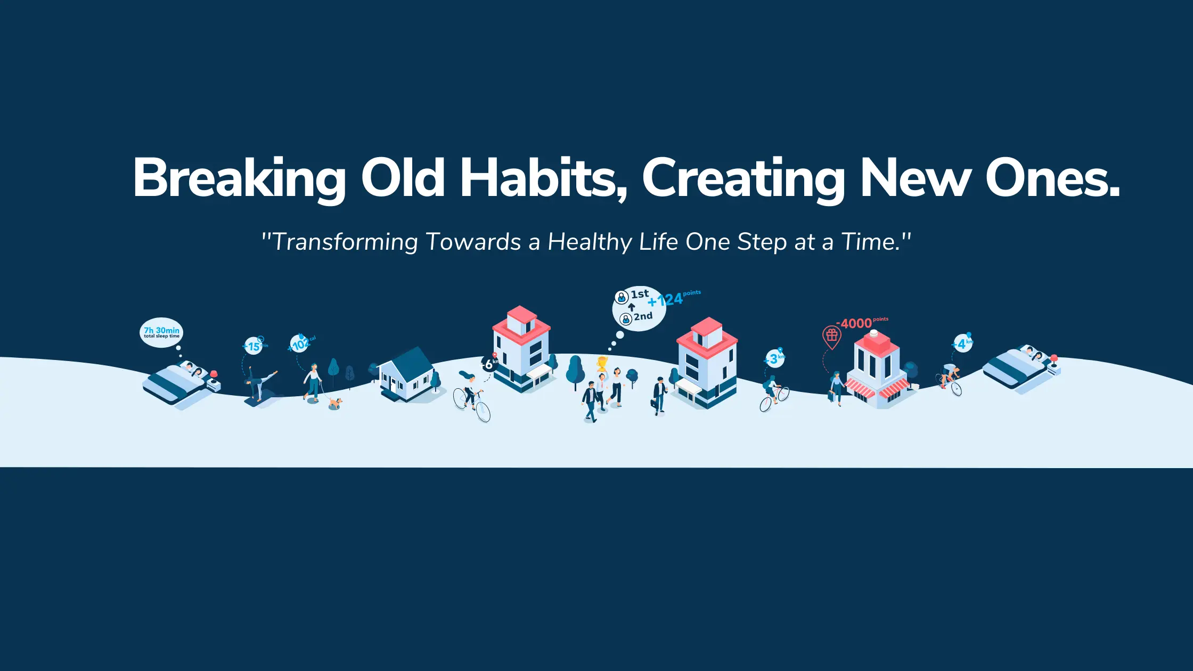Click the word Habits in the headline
[x=543, y=178]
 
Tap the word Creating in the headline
[x=743, y=178]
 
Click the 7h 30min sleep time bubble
[x=161, y=333]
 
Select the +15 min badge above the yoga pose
[x=254, y=346]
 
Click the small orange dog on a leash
[x=335, y=403]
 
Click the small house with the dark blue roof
[x=407, y=375]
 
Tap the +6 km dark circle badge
[x=489, y=364]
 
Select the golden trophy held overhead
[x=602, y=363]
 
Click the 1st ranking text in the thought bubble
[x=639, y=294]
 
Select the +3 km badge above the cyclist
[x=774, y=359]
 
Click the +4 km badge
[x=962, y=344]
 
